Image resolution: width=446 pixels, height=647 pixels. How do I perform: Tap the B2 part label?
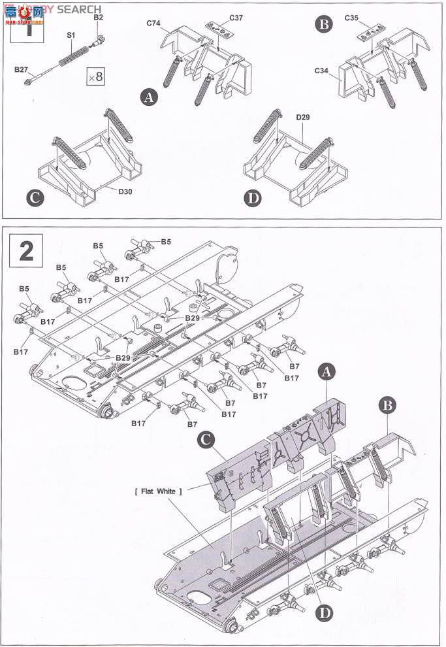click(98, 18)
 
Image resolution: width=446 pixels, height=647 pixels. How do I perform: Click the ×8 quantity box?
click(95, 76)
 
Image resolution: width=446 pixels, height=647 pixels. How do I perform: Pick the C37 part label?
click(236, 18)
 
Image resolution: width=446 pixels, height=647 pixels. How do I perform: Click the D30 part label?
click(126, 191)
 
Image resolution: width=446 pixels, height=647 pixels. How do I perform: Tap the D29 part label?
click(302, 118)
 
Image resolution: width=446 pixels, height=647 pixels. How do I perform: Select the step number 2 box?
click(26, 251)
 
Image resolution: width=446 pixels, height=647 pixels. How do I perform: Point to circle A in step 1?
click(150, 98)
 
